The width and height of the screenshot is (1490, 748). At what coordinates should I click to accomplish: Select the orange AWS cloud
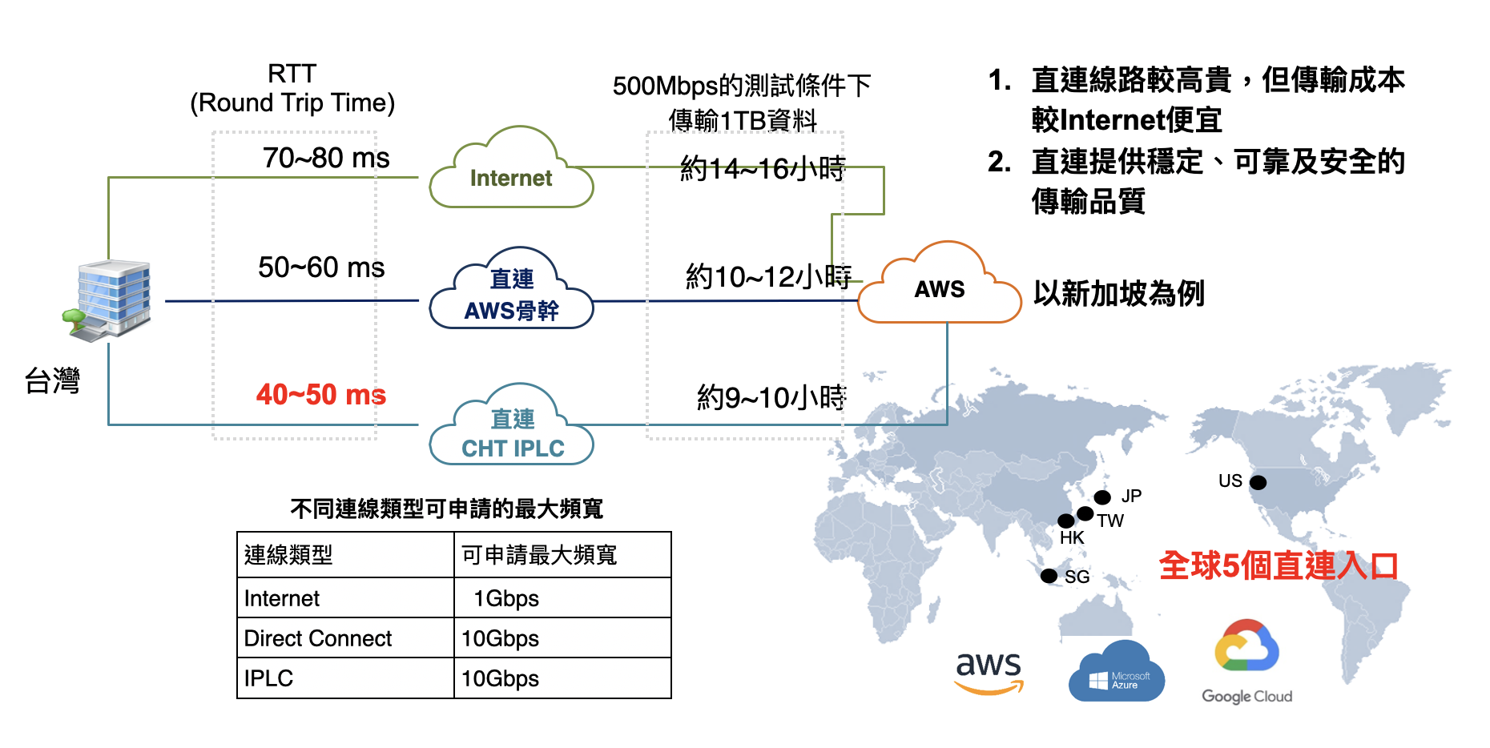[939, 284]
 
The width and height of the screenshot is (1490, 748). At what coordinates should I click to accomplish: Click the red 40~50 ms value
[321, 394]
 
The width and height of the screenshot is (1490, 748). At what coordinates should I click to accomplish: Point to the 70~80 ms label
[326, 158]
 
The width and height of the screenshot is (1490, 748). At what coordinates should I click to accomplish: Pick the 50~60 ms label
[321, 267]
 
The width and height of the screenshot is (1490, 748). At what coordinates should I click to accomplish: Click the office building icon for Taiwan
[108, 300]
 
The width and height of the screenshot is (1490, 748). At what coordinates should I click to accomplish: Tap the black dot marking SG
[1049, 576]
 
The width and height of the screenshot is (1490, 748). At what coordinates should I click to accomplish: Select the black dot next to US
[1258, 482]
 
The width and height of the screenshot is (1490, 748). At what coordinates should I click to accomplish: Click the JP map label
[1131, 496]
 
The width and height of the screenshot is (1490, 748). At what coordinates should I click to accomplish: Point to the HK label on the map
[1072, 537]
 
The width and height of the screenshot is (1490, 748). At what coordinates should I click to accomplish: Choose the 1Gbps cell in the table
[506, 598]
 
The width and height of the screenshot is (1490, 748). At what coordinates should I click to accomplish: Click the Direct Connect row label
[318, 638]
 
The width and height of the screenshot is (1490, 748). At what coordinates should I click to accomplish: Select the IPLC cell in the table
[268, 678]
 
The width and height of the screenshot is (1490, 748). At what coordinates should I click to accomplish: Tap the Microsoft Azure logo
[1117, 671]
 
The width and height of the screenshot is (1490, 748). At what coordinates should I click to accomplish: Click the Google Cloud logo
[1246, 662]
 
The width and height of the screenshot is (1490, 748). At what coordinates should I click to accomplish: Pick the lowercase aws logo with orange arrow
[989, 672]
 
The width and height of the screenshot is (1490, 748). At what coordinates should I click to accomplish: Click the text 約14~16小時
[763, 168]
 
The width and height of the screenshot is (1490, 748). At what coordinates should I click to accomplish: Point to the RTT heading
[292, 74]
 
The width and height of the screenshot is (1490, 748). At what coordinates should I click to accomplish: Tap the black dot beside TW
[1085, 513]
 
